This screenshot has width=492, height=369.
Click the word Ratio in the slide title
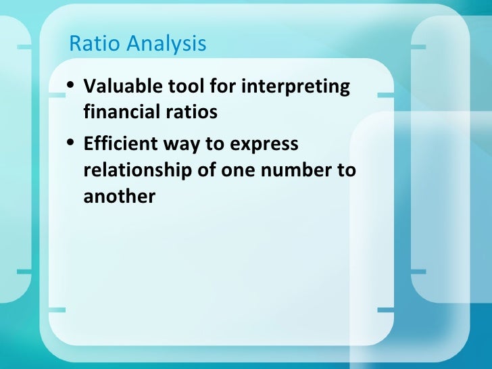coord(91,44)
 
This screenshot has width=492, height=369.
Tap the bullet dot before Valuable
coord(72,87)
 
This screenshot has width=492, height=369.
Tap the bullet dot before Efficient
coord(72,145)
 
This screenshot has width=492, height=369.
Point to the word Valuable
coord(116,87)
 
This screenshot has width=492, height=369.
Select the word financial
coord(119,112)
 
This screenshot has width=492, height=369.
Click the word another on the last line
coord(119,196)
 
